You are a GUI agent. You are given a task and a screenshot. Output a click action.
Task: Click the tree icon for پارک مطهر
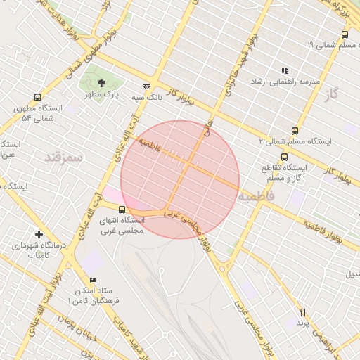pos(103,82)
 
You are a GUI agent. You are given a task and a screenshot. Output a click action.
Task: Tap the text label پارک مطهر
pos(103,94)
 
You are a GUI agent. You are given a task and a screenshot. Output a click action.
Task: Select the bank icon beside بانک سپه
pos(146,86)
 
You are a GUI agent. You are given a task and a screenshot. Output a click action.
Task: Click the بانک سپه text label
pos(150,97)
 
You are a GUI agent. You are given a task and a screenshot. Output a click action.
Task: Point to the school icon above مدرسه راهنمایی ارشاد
pos(285,70)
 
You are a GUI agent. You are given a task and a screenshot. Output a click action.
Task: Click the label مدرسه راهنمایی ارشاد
pos(285,82)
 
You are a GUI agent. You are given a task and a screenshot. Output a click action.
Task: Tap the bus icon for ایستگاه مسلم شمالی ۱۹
pos(345,34)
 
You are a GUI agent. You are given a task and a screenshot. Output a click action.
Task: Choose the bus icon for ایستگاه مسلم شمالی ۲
pos(295,130)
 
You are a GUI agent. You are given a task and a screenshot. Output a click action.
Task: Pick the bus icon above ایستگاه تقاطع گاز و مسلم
pos(284,157)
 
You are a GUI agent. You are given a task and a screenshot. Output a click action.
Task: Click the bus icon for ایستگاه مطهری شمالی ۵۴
pos(37,98)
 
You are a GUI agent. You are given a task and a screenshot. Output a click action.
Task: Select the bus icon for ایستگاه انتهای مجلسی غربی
pos(122,209)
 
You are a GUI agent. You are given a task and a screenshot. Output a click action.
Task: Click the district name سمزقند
pos(64,157)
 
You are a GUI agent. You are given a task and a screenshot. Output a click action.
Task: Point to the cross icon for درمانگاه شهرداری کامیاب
pos(39,234)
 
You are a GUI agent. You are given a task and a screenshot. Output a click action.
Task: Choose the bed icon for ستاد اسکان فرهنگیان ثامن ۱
pos(93,279)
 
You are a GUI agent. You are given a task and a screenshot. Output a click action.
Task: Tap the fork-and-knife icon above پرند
pos(303,311)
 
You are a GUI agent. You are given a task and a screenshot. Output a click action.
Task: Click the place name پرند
pos(303,323)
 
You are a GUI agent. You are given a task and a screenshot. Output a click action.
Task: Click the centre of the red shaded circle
pos(180,179)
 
